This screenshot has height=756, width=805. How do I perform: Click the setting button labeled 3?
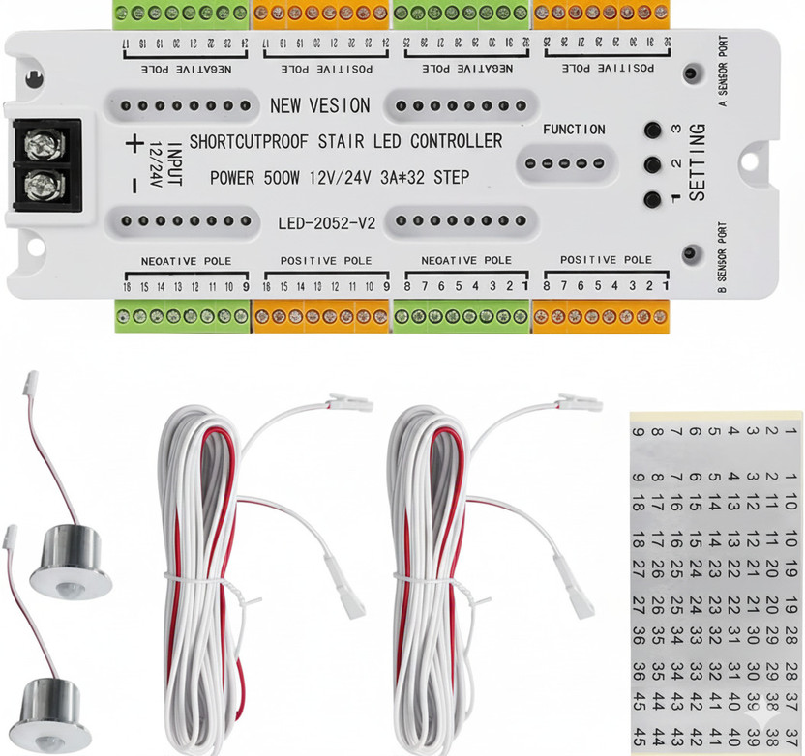point(652,131)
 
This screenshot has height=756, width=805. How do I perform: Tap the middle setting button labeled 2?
point(652,165)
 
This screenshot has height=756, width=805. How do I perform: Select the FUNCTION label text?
point(574,130)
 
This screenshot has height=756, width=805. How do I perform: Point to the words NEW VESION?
point(319,105)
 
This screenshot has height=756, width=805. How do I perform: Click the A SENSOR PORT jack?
point(691,73)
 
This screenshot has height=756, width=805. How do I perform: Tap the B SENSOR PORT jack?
point(691,254)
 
